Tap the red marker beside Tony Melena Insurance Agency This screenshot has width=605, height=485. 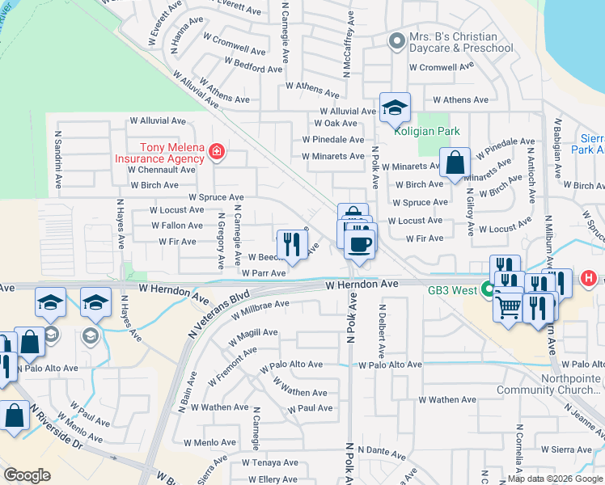(215, 151)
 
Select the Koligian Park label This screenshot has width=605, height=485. (425, 131)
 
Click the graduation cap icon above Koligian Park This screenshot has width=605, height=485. (395, 108)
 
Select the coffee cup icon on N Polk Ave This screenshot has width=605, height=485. (360, 243)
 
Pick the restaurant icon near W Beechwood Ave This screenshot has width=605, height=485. (290, 244)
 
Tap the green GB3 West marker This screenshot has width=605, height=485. (488, 289)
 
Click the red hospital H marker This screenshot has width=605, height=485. (589, 278)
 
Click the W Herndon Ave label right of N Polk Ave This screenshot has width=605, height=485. (363, 285)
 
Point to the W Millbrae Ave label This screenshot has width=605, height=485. (260, 309)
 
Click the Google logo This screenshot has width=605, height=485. (27, 475)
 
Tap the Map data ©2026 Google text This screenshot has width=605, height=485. (556, 479)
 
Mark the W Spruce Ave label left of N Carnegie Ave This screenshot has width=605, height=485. (216, 196)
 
